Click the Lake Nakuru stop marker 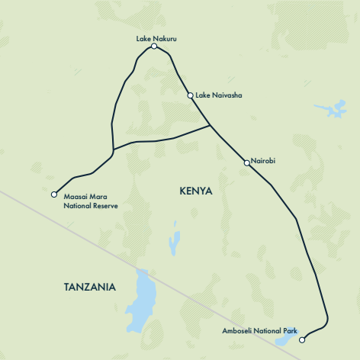pos(154,47)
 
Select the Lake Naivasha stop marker pos(191,95)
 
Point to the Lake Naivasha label pos(219,95)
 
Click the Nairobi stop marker pos(246,162)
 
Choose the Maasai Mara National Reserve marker pos(54,194)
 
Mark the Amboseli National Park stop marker pos(302,339)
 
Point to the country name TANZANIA pos(90,288)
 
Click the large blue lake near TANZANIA pos(142,301)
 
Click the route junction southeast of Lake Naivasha pos(210,127)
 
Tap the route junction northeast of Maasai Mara pos(112,149)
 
